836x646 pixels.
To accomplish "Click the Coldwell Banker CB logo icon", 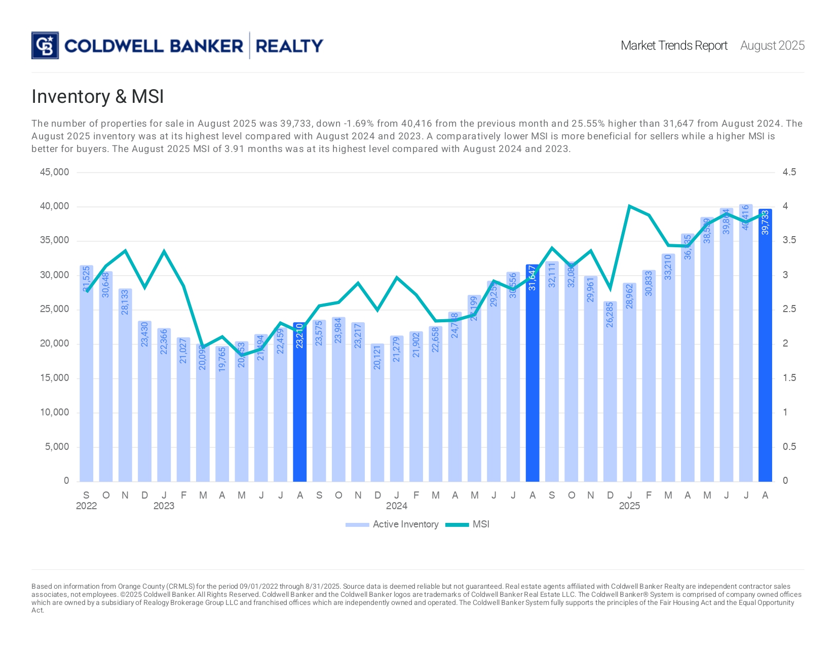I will coord(45,46).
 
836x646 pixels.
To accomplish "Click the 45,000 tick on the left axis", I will coord(55,172).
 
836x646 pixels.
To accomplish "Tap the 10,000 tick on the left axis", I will coord(55,412).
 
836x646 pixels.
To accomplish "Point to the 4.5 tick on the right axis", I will coord(789,172).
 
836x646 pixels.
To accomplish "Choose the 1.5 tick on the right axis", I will coord(789,378).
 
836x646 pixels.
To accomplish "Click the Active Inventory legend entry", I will coord(392,524).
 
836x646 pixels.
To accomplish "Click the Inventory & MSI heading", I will coord(98,97).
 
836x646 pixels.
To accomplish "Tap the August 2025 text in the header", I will coord(772,46).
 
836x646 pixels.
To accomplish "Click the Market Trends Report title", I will coord(674,46).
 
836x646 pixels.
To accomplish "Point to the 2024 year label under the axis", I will coord(396,506).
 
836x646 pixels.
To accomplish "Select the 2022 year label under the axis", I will coord(86,506).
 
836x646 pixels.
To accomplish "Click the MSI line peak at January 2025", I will coord(629,206).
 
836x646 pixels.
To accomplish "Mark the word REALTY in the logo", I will coord(289,46).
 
